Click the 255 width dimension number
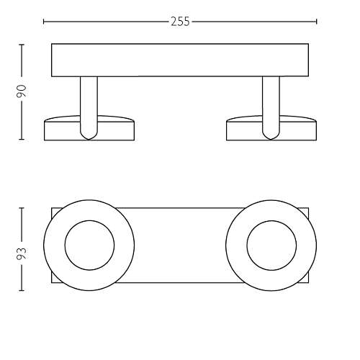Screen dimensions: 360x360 180,22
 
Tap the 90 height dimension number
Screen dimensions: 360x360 22,91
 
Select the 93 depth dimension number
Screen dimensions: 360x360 22,253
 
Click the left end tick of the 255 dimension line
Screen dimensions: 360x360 44,22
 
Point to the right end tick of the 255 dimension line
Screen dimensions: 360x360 317,22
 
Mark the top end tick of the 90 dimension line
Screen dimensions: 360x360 22,45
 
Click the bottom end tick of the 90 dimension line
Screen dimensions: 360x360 22,139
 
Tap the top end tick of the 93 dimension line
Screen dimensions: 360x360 22,208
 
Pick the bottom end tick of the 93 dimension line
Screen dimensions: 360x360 22,290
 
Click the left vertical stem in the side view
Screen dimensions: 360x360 89,106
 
